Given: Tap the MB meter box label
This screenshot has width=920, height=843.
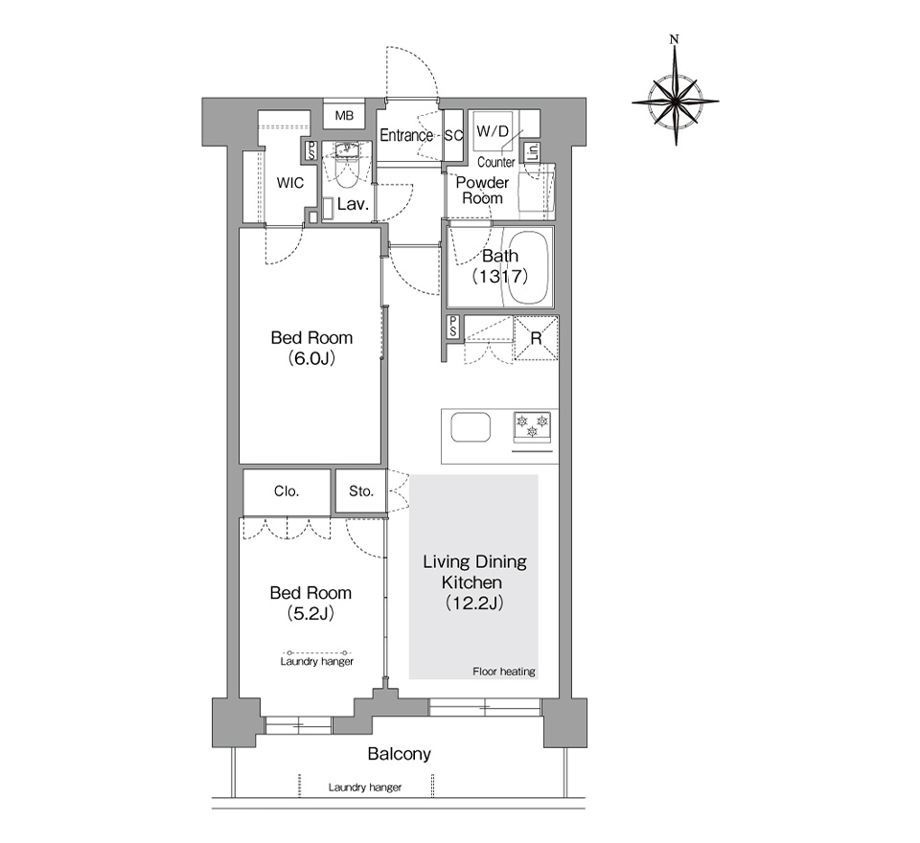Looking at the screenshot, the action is point(344,116).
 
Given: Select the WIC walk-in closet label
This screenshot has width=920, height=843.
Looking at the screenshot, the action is point(289,183).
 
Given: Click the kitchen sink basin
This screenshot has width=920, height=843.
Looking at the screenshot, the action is point(471,427).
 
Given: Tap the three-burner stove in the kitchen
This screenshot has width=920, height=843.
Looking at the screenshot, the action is point(532,427).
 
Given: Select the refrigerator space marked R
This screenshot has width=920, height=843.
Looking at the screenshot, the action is point(536,338).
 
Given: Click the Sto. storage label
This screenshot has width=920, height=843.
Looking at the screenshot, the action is point(361,491).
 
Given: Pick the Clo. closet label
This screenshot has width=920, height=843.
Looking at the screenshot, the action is point(287,491).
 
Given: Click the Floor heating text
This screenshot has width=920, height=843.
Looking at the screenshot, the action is point(504,672).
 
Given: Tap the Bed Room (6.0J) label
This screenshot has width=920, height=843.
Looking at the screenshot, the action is point(311,348).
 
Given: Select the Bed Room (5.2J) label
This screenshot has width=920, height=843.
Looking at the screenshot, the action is point(310,604).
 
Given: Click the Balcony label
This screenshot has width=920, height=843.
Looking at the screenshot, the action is point(399,754).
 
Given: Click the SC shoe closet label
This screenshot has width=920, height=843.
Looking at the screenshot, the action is point(453,135).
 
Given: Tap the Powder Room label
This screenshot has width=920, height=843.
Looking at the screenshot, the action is point(482,190).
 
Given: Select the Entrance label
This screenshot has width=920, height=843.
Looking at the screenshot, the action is point(406,135).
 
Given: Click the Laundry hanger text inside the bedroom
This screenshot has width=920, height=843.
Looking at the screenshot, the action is point(317,662).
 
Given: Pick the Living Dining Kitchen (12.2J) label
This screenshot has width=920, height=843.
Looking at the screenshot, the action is point(474,581).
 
